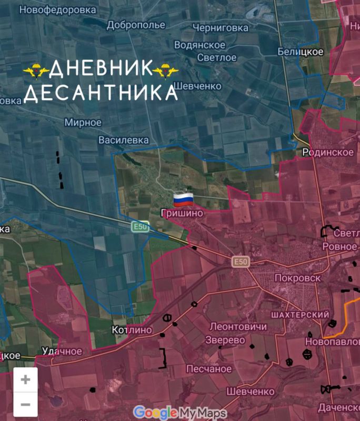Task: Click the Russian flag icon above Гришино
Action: click(184, 199)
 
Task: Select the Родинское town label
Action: click(328, 152)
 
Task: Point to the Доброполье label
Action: click(136, 25)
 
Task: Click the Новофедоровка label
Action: click(57, 9)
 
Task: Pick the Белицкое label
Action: click(301, 51)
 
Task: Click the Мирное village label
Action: click(83, 122)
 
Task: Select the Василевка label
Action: click(124, 140)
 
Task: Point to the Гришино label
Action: click(182, 214)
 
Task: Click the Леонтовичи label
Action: click(238, 326)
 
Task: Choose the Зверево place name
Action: click(225, 340)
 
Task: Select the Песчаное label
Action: click(208, 368)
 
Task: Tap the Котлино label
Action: click(132, 330)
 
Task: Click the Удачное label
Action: click(62, 351)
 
